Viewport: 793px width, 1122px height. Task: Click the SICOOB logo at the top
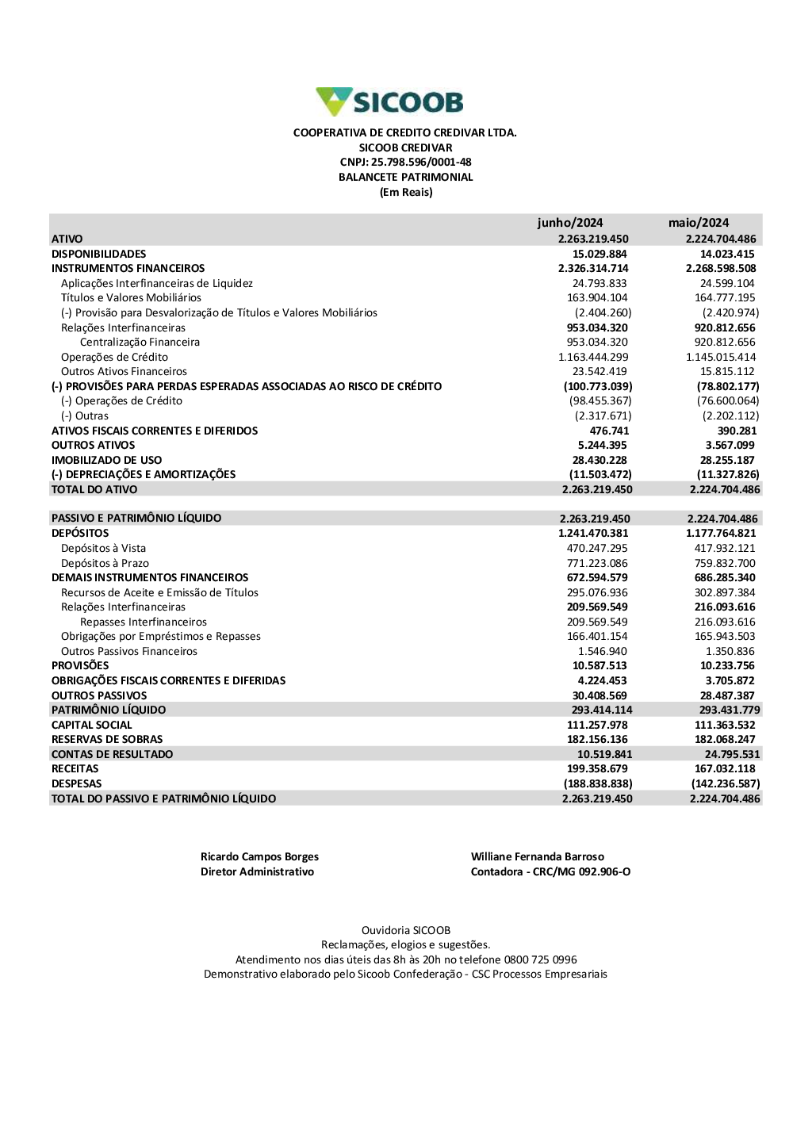(x=389, y=102)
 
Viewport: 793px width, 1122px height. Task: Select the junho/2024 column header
(x=569, y=223)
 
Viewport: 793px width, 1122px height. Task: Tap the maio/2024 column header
(x=698, y=223)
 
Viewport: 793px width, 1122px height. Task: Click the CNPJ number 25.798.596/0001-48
(x=421, y=163)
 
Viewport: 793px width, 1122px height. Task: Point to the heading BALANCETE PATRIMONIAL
(x=405, y=178)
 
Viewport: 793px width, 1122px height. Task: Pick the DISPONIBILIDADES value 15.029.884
(x=600, y=255)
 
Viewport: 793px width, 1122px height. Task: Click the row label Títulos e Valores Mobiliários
(x=131, y=298)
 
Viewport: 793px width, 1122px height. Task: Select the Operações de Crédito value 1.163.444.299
(x=593, y=358)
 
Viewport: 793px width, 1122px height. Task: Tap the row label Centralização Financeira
(x=140, y=343)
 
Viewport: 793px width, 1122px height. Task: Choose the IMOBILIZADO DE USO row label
(x=106, y=461)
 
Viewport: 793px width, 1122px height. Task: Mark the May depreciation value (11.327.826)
(x=728, y=475)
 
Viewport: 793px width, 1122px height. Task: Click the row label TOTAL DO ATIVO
(x=94, y=490)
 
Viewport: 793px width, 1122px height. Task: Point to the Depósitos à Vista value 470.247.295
(x=597, y=549)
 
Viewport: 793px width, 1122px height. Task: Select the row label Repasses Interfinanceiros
(x=144, y=622)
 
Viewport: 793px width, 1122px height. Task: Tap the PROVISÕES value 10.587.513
(x=600, y=666)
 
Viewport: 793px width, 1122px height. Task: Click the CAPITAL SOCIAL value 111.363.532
(x=725, y=726)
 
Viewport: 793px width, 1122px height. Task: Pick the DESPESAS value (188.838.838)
(x=598, y=784)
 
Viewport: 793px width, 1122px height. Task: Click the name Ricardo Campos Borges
(x=259, y=857)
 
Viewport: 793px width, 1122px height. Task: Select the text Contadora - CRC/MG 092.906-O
(x=550, y=872)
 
